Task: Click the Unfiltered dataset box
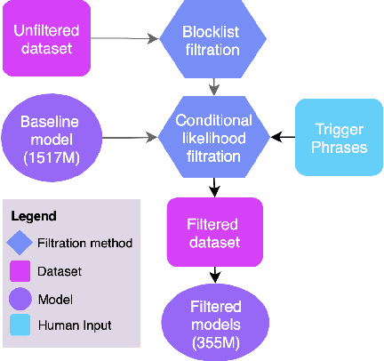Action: point(45,38)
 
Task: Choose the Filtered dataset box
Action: point(214,231)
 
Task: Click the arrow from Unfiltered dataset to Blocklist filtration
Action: point(124,38)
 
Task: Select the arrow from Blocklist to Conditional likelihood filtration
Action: point(213,86)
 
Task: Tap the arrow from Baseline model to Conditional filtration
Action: point(124,137)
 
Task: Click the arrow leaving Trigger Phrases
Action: point(282,137)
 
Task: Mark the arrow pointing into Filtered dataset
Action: point(214,187)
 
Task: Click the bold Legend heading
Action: point(34,216)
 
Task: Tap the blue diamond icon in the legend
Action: point(20,243)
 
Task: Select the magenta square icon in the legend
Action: point(20,271)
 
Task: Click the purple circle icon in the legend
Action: point(20,300)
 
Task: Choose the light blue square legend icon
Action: point(20,326)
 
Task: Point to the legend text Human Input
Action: point(75,326)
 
